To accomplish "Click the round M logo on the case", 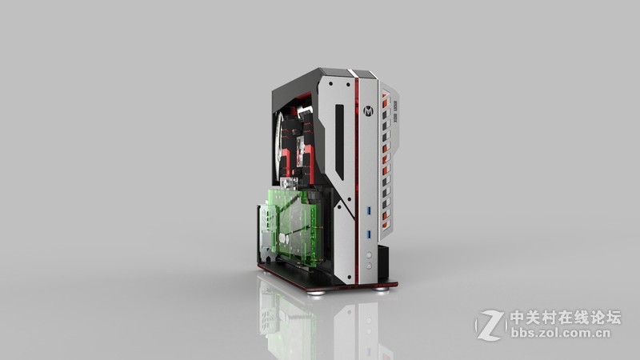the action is pos(368,110).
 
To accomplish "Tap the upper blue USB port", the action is pos(369,210).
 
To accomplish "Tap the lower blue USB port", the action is pos(369,234).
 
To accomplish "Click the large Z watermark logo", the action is pos(490,326).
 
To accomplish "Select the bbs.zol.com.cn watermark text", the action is pos(561,333).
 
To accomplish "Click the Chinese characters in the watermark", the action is pos(566,317).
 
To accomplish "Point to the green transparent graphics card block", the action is pos(296,226).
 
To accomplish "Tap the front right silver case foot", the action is pos(382,290).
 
